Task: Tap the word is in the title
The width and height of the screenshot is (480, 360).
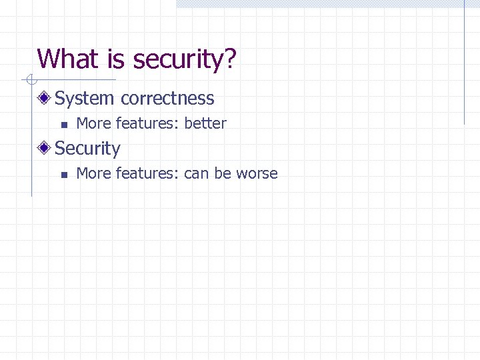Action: [117, 59]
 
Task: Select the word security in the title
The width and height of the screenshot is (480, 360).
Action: [178, 60]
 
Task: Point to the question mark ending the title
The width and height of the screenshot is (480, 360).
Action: [230, 59]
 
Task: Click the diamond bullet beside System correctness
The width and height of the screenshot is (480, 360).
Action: [45, 99]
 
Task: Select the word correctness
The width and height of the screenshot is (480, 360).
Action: [167, 99]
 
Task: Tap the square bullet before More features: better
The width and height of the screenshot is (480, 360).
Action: [61, 124]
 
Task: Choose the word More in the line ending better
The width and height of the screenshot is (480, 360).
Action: [94, 123]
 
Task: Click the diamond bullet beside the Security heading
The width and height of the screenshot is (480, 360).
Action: [45, 149]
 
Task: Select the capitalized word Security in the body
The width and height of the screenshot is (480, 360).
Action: [87, 149]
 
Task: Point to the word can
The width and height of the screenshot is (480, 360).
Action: [197, 173]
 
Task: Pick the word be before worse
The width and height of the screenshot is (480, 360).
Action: [223, 173]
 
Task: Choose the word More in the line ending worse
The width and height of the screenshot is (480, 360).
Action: [94, 173]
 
